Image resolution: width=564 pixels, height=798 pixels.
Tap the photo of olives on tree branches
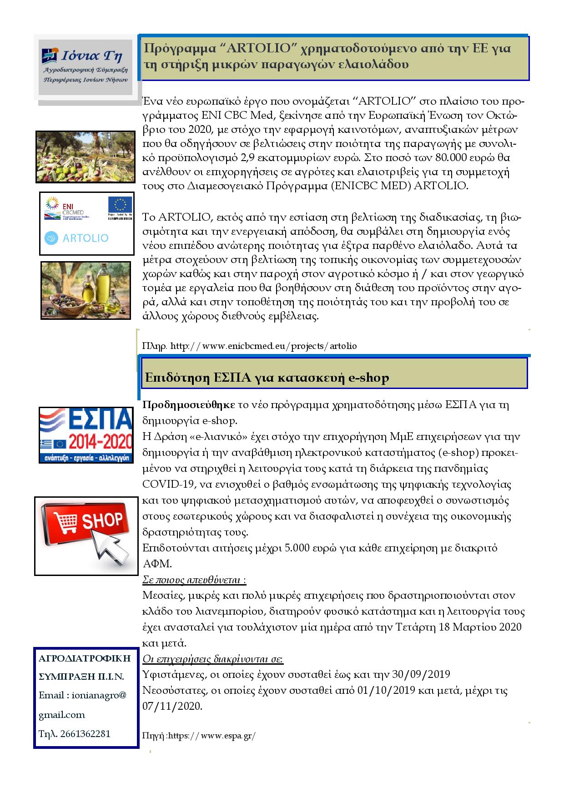click(x=86, y=157)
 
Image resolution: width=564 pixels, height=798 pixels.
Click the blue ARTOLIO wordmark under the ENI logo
click(x=77, y=238)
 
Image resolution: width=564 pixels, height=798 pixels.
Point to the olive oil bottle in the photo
click(x=103, y=286)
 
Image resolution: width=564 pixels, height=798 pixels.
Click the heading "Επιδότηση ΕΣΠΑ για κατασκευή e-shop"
click(x=267, y=378)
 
